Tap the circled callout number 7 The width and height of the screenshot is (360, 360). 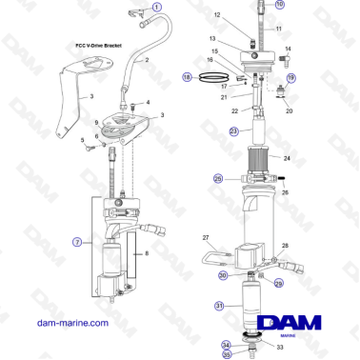[77, 243]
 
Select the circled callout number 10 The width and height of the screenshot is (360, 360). [279, 5]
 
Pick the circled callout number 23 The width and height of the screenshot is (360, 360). [234, 130]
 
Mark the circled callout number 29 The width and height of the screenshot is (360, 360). [279, 283]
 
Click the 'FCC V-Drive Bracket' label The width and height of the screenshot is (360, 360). [98, 45]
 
